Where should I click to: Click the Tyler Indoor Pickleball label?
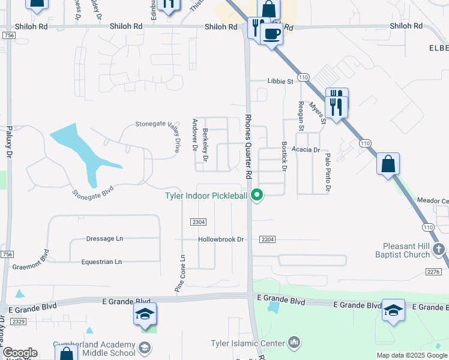click(206, 196)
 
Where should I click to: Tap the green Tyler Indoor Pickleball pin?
click(258, 195)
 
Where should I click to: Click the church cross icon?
click(439, 248)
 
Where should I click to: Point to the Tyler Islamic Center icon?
click(294, 343)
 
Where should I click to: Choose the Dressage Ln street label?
click(104, 239)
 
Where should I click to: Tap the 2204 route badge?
click(268, 239)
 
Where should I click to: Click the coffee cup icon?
click(271, 34)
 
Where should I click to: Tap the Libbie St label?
click(280, 81)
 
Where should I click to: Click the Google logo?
click(19, 353)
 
